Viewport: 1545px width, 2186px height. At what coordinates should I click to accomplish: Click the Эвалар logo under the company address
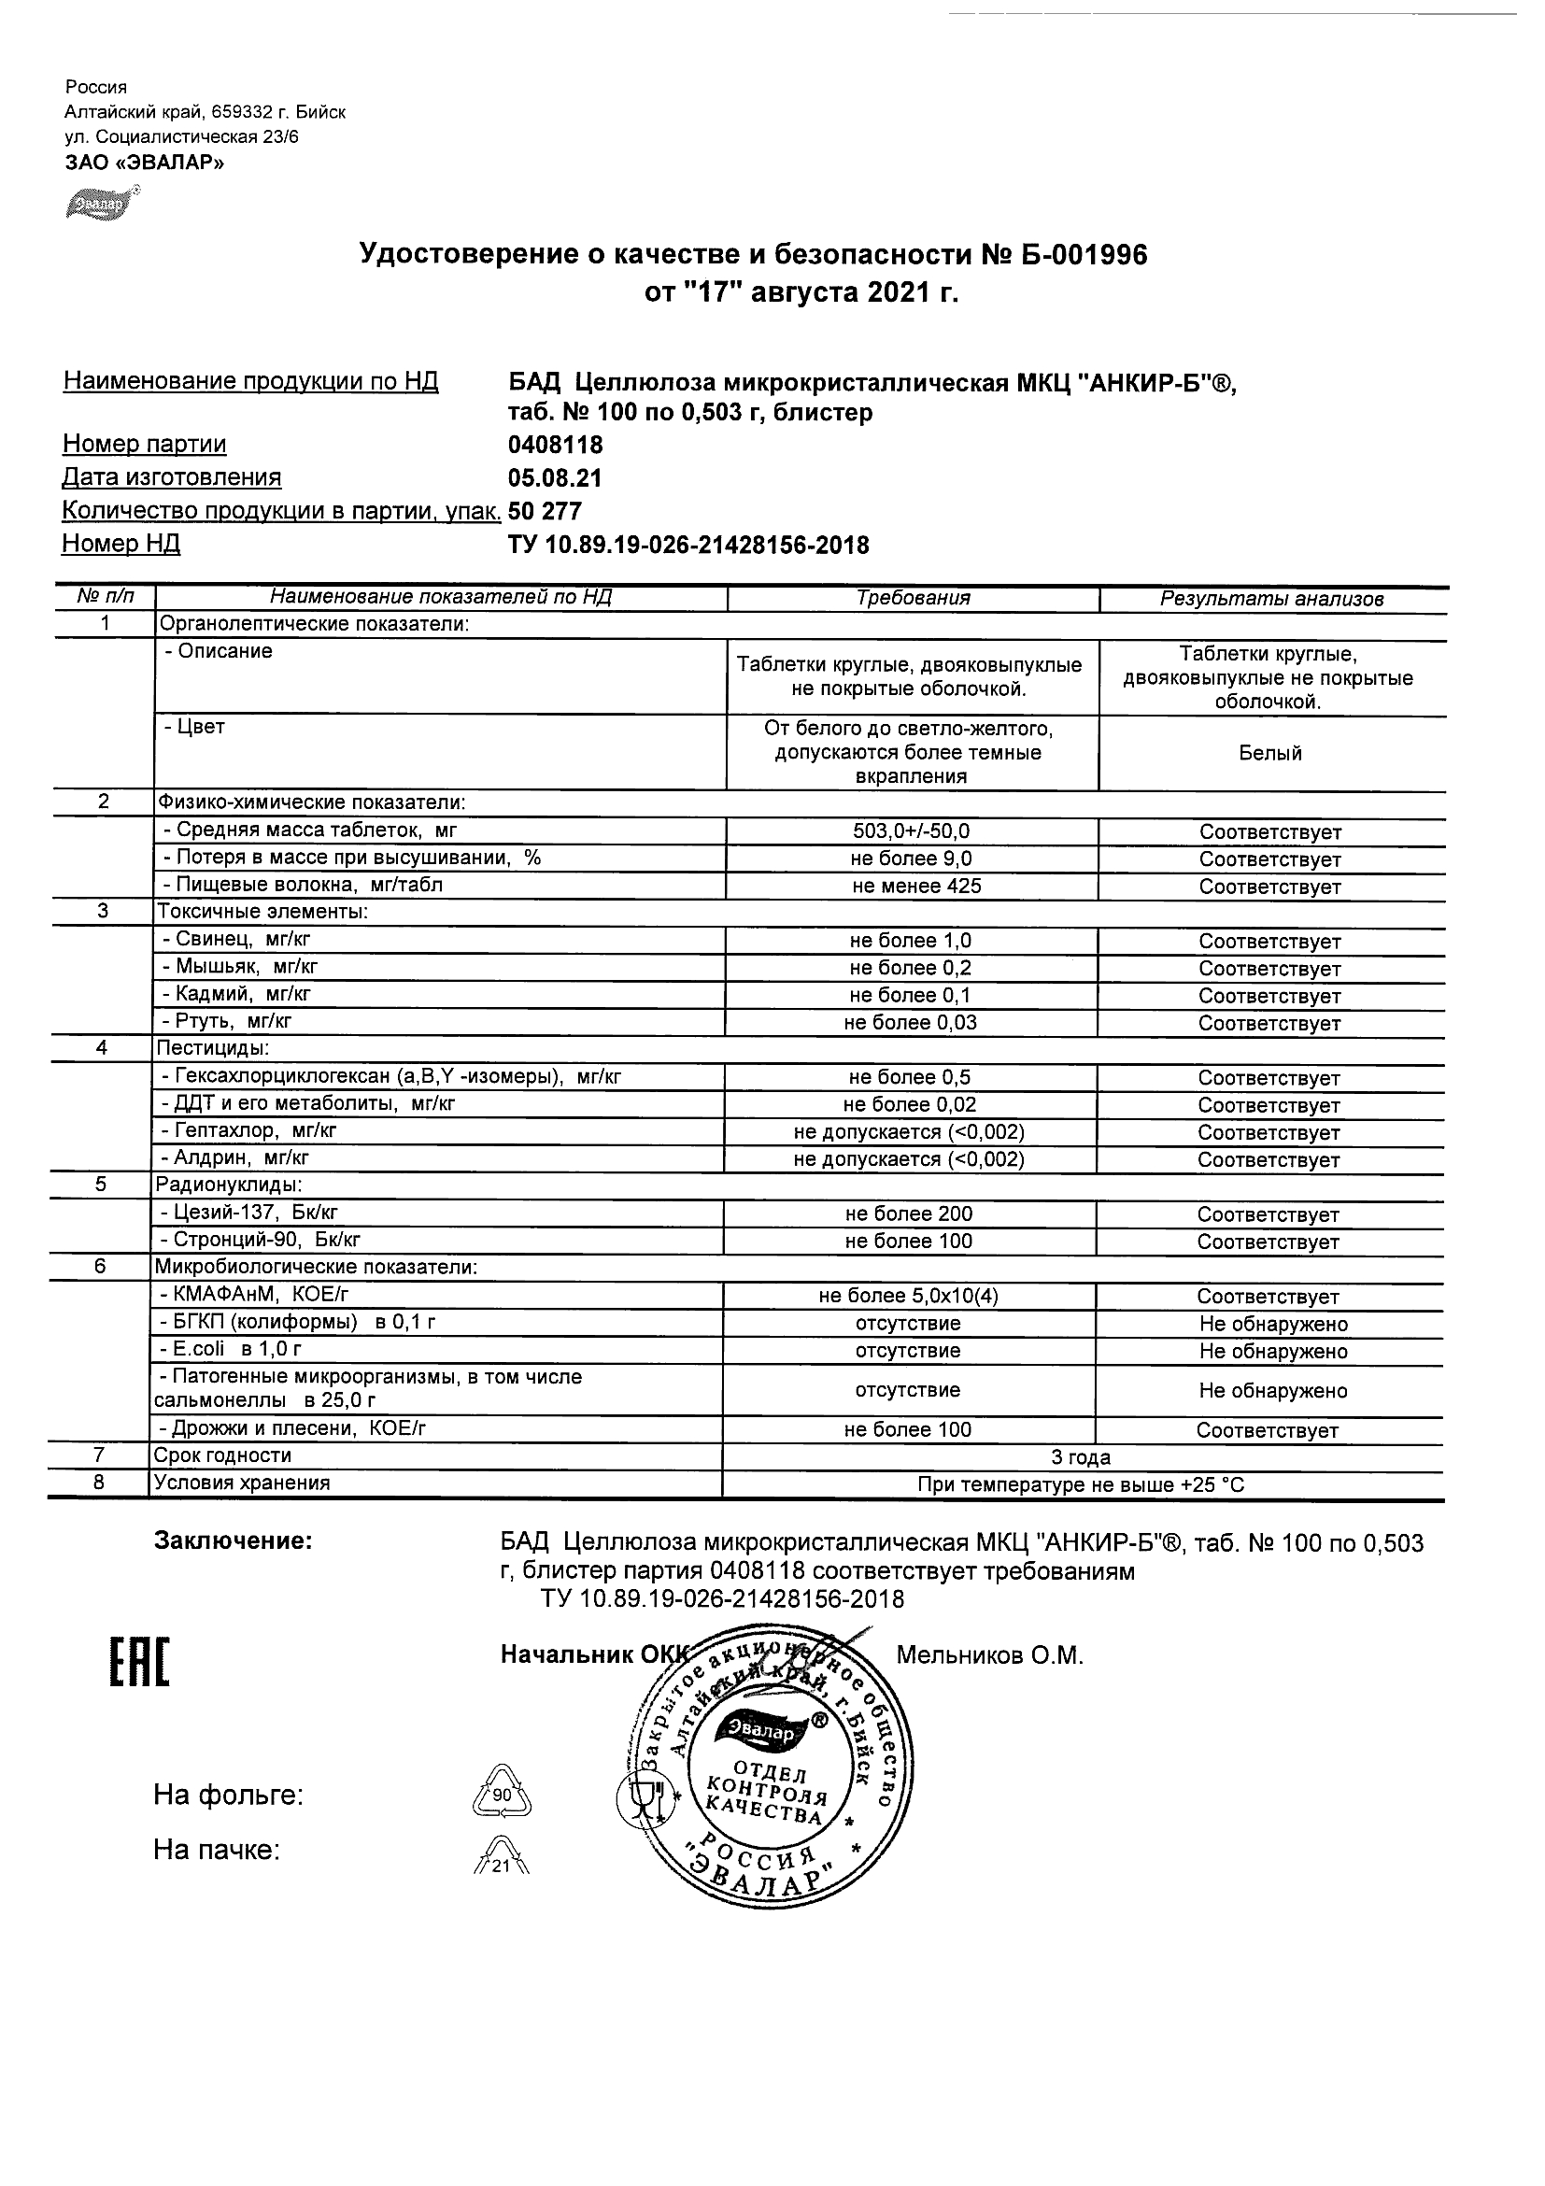(102, 204)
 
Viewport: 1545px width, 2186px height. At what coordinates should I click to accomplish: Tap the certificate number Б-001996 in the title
(1076, 255)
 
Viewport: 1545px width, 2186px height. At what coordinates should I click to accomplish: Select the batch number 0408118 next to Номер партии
(556, 446)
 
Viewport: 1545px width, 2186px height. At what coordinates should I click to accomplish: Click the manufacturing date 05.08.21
(555, 478)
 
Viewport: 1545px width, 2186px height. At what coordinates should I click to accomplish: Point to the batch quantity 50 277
(545, 511)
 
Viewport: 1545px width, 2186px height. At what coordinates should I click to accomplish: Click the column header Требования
(913, 598)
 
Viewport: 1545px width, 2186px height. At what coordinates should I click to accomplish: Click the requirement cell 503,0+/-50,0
(912, 831)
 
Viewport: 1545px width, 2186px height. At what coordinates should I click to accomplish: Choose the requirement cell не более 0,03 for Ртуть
(910, 1023)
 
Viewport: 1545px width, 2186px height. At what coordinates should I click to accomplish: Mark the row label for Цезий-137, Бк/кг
(250, 1213)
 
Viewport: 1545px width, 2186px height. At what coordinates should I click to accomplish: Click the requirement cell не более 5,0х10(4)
(908, 1296)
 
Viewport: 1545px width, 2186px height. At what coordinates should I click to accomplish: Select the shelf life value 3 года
(1081, 1457)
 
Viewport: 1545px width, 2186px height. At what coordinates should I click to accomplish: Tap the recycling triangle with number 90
(502, 1794)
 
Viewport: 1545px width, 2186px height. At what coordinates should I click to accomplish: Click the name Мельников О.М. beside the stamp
(989, 1655)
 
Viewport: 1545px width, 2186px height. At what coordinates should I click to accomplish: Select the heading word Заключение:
(233, 1540)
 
